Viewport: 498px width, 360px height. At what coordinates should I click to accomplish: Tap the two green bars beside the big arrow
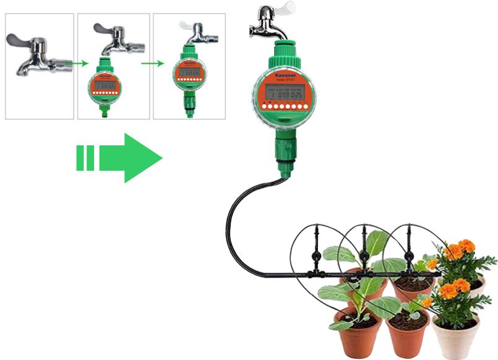point(85,158)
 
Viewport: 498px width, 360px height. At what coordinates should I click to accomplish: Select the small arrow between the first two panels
point(75,62)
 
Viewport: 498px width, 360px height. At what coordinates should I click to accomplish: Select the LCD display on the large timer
point(282,95)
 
